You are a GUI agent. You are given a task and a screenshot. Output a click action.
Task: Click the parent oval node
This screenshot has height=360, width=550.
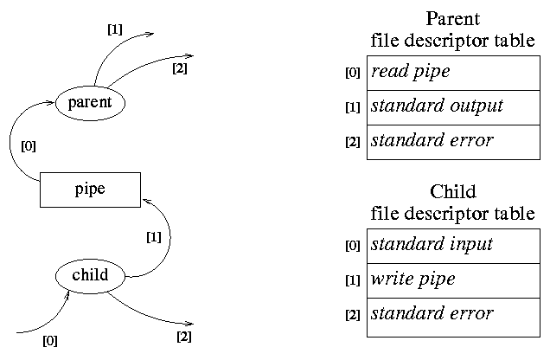[x=90, y=103]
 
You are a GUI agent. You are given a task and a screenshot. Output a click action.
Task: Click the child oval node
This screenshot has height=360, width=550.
[x=90, y=275]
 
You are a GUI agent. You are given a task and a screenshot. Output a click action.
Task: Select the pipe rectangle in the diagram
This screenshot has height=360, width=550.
[x=90, y=189]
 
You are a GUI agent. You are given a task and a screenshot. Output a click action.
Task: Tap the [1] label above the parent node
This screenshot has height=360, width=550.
[x=114, y=29]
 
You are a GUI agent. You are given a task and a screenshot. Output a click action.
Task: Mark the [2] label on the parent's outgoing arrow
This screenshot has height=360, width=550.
[x=180, y=67]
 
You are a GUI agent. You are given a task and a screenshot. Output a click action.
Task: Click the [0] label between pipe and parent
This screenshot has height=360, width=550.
[x=29, y=146]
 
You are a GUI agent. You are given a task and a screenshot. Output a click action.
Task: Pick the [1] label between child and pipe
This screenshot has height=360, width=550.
[x=154, y=235]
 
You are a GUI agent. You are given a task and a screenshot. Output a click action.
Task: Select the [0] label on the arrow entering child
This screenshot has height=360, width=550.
[x=50, y=340]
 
